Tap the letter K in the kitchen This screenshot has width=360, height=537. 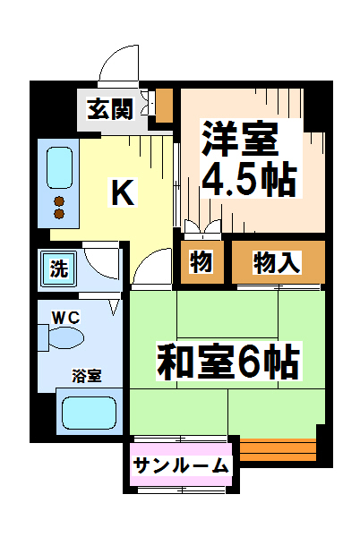pos(123,192)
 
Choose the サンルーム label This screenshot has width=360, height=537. pos(182,465)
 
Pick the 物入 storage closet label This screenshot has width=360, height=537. pos(277,262)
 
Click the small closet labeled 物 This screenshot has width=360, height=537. pos(200,262)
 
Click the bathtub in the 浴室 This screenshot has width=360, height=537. pos(88,414)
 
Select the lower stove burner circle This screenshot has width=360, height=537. pos(59,214)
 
